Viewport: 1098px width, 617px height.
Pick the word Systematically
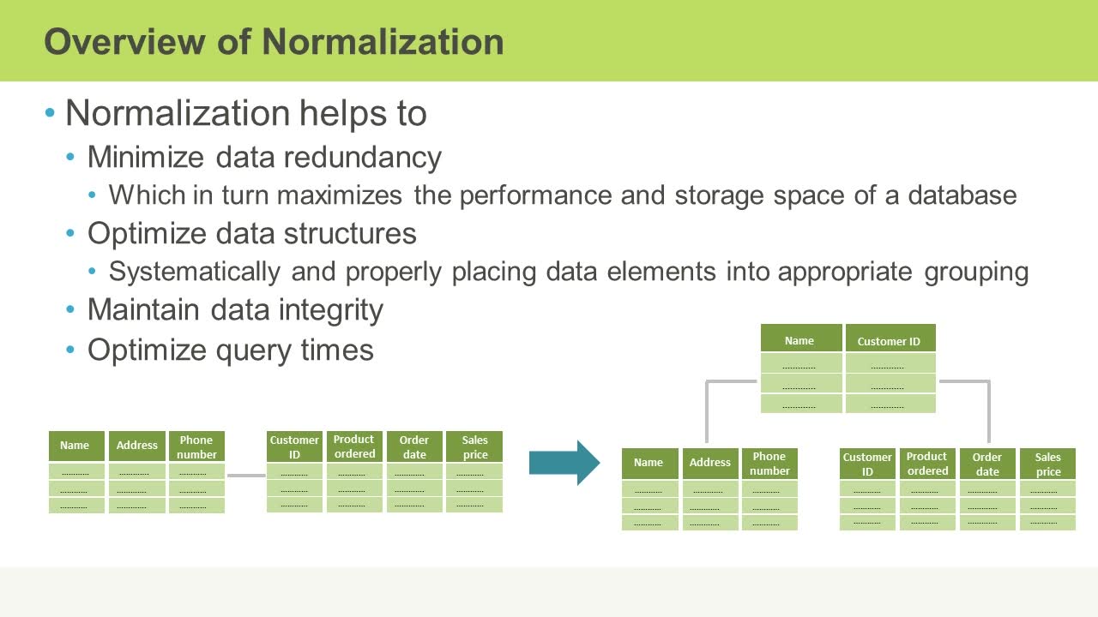195,272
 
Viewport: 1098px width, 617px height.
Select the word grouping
976,272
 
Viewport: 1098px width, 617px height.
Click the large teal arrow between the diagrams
564,463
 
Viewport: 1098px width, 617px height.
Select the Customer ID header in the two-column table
889,341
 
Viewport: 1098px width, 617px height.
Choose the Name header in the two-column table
799,340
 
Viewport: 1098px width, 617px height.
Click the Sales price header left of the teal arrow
474,446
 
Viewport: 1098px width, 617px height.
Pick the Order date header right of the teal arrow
986,464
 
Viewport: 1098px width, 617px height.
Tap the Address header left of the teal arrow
137,446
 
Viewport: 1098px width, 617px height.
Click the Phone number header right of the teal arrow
769,464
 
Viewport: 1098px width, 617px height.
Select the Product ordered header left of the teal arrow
354,446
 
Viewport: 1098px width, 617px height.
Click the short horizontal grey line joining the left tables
246,476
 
